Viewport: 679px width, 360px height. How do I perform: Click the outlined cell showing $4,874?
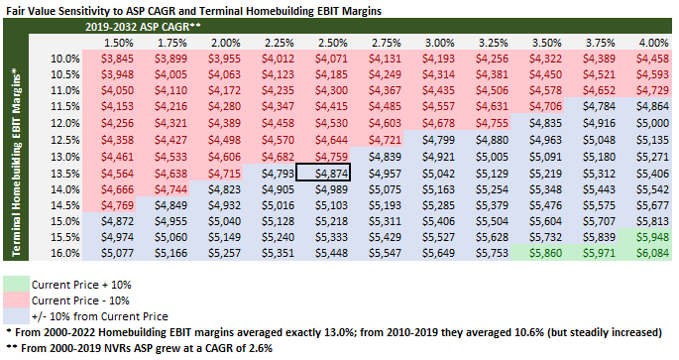322,173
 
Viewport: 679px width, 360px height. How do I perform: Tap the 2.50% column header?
333,43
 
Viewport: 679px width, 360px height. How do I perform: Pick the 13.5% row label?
65,174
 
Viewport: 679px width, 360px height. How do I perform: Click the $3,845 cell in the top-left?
117,59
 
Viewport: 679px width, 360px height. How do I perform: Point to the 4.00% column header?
654,43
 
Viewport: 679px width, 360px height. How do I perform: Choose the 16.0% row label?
65,253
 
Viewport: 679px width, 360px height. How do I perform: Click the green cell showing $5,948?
652,237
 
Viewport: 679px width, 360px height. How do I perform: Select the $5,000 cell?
652,123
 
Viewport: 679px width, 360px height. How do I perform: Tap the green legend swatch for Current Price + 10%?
17,285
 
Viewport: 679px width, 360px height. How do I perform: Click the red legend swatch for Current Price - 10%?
17,300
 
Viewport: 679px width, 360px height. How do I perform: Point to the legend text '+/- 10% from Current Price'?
99,316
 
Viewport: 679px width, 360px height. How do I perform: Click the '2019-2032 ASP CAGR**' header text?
143,27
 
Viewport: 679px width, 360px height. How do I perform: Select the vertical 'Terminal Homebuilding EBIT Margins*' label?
16,161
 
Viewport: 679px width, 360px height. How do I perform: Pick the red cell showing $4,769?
117,205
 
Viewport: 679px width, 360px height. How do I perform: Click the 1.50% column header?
119,43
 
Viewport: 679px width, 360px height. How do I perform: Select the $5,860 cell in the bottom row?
545,253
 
